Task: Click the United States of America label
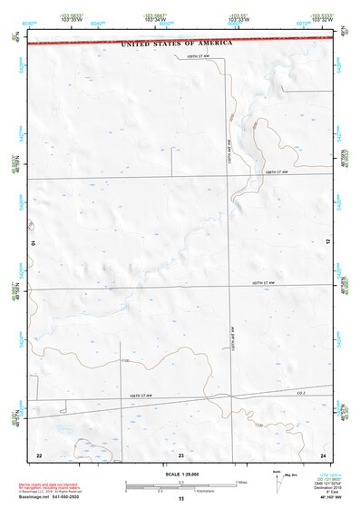click(177, 43)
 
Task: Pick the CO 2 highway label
click(305, 392)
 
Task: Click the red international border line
click(91, 42)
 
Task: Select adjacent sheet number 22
click(38, 453)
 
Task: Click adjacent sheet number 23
click(180, 453)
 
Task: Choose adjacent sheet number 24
click(322, 453)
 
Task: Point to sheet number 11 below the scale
click(180, 499)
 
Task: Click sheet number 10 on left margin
click(33, 243)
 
